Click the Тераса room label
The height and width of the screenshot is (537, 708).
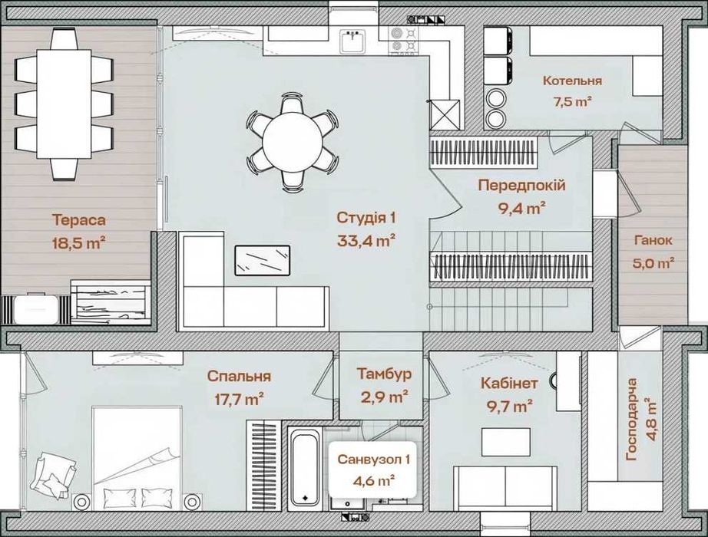[79, 220]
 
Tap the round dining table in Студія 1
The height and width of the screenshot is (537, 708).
[293, 141]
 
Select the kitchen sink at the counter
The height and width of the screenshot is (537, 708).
[352, 41]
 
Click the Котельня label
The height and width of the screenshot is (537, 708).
[572, 81]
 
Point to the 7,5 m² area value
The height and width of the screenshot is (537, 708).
[573, 101]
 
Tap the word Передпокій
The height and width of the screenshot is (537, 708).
[522, 185]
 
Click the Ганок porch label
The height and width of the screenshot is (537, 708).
[653, 240]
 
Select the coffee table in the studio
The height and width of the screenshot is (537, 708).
[263, 260]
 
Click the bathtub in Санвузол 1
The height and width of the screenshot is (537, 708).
[305, 466]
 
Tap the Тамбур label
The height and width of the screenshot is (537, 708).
[384, 374]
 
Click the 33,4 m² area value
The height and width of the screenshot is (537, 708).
[366, 241]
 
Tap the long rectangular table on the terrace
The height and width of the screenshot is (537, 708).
[64, 104]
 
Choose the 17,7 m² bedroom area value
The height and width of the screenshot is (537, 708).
[240, 399]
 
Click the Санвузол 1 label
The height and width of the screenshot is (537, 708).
[373, 460]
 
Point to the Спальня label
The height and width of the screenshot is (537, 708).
[239, 376]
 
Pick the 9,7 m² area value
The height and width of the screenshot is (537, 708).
[509, 406]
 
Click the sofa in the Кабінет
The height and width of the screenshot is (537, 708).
[505, 487]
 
